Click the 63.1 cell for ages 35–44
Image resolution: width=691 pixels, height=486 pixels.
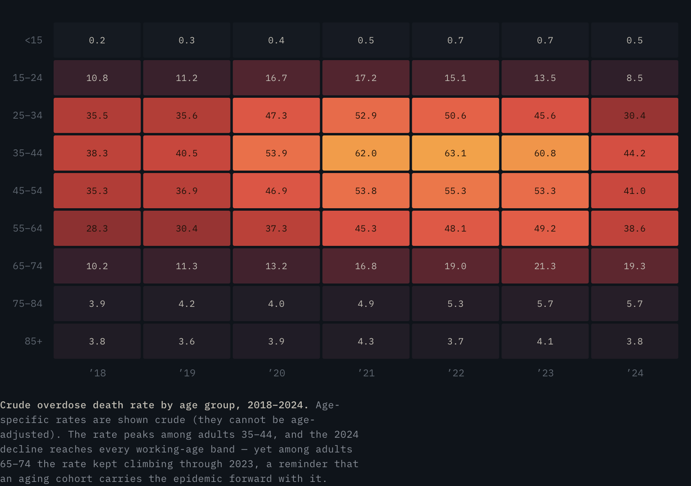(x=455, y=153)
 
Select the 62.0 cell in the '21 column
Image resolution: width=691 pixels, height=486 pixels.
(x=366, y=153)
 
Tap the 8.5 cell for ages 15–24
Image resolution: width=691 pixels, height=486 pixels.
(x=635, y=78)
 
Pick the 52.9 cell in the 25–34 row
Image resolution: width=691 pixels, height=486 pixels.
(x=366, y=115)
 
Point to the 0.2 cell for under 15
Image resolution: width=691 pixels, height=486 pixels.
(x=97, y=40)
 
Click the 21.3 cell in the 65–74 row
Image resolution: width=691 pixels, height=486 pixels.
(x=545, y=266)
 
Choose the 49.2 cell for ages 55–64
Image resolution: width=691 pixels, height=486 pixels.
(x=545, y=228)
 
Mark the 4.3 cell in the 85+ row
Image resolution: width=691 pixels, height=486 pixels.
(x=366, y=341)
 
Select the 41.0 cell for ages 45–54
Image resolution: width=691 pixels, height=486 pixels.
(x=635, y=191)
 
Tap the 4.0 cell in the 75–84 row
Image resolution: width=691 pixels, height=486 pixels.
(x=276, y=304)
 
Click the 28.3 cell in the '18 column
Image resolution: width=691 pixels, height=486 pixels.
(x=97, y=228)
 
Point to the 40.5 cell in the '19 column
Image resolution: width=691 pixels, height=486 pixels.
(x=187, y=153)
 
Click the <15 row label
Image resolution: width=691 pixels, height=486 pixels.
(x=34, y=40)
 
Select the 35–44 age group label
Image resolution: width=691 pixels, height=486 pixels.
(x=27, y=153)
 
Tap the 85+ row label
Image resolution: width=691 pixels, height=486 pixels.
(x=34, y=341)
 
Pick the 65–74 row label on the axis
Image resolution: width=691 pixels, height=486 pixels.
(x=27, y=266)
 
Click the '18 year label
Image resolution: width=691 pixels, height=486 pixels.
(x=97, y=373)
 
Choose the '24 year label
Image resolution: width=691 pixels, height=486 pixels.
(x=635, y=373)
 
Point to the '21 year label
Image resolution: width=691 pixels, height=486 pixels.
(x=366, y=373)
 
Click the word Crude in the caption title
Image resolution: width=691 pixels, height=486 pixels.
(x=16, y=405)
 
